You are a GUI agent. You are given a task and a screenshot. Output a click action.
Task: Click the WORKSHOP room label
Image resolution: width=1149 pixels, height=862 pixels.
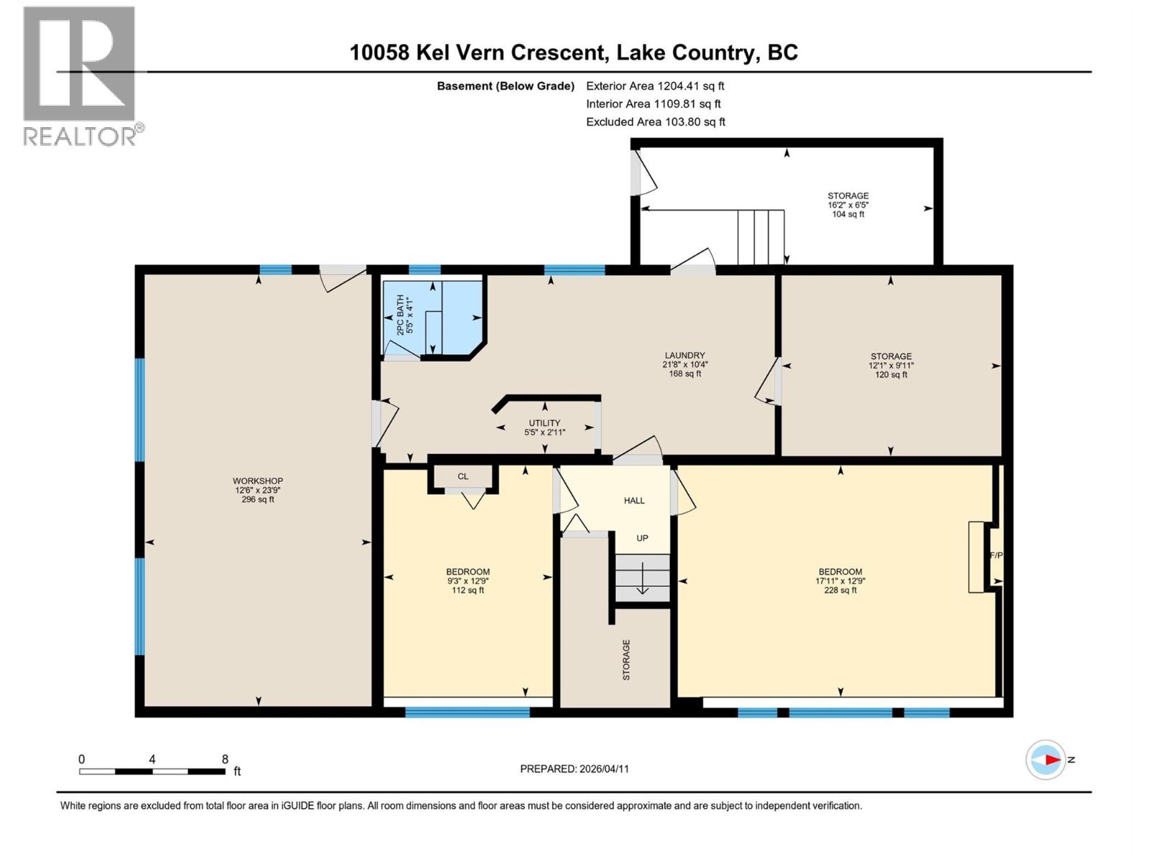pyautogui.click(x=257, y=481)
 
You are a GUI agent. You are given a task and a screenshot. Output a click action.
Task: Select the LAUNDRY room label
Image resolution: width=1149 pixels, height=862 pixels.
pyautogui.click(x=684, y=355)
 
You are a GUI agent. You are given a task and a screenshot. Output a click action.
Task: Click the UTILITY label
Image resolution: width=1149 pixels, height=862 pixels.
pyautogui.click(x=544, y=423)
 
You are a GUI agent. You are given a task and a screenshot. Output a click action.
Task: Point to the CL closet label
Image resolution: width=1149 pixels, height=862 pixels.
pyautogui.click(x=462, y=476)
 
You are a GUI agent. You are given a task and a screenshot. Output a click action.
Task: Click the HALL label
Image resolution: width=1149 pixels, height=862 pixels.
pyautogui.click(x=634, y=501)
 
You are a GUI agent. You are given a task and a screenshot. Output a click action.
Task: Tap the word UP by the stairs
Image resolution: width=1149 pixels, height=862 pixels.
pyautogui.click(x=642, y=538)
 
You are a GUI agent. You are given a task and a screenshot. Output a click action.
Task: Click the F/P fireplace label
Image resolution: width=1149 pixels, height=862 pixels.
pyautogui.click(x=996, y=555)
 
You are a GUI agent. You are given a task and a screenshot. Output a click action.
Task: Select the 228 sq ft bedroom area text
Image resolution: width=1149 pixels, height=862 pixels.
pyautogui.click(x=840, y=590)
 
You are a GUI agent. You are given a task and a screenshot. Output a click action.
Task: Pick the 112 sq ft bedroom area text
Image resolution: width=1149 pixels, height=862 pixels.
pyautogui.click(x=467, y=590)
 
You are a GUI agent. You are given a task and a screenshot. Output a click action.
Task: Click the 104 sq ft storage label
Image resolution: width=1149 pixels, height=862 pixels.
pyautogui.click(x=848, y=214)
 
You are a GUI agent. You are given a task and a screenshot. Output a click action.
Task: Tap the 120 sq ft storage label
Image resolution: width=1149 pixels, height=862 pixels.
pyautogui.click(x=891, y=374)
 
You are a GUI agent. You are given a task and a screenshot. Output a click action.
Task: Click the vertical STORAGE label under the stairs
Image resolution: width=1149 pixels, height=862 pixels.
pyautogui.click(x=626, y=659)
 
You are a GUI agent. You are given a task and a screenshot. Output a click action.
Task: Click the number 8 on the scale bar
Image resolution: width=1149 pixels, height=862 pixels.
pyautogui.click(x=225, y=759)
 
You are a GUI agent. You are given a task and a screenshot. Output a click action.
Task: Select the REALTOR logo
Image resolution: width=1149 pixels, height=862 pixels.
pyautogui.click(x=80, y=75)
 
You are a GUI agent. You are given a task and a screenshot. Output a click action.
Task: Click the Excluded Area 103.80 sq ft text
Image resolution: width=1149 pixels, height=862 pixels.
pyautogui.click(x=655, y=122)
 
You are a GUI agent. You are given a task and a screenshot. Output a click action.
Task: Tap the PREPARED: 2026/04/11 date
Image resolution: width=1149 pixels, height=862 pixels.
pyautogui.click(x=574, y=769)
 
